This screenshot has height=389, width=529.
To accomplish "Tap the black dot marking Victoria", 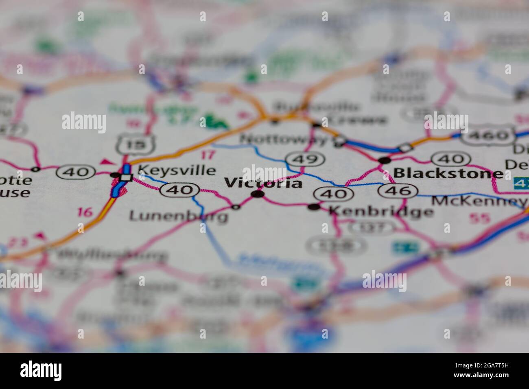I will pyautogui.click(x=257, y=194).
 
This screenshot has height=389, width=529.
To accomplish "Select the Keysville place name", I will pyautogui.click(x=176, y=170).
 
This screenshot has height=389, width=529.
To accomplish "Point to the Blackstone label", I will pyautogui.click(x=448, y=174).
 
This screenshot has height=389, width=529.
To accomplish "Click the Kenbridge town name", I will pyautogui.click(x=381, y=211).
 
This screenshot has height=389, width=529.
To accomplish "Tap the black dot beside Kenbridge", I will pyautogui.click(x=314, y=207).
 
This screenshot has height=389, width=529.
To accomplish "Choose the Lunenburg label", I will pyautogui.click(x=178, y=216).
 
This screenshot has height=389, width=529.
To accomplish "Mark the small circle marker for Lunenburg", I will pyautogui.click(x=236, y=207).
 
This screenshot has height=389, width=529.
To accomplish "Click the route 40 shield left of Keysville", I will pyautogui.click(x=77, y=172).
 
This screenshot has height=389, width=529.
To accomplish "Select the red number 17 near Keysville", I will pyautogui.click(x=208, y=155).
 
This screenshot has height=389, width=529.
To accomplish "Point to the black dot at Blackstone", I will pyautogui.click(x=384, y=160).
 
